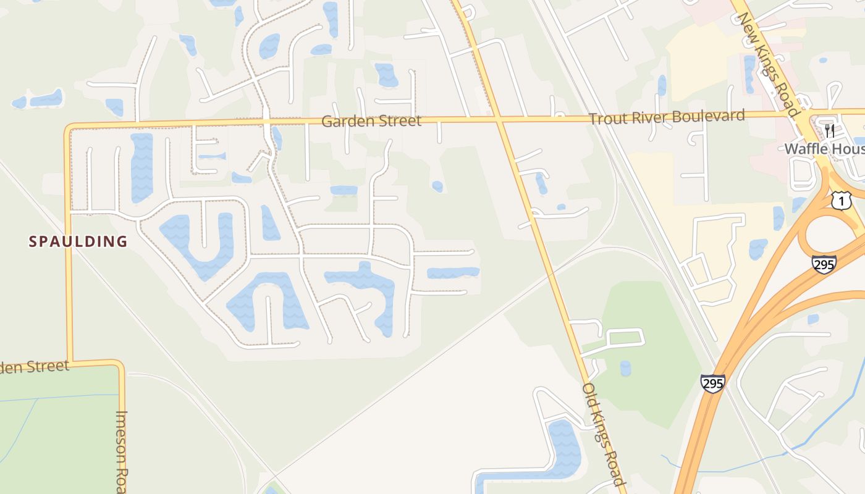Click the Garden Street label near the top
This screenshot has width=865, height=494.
click(371, 121)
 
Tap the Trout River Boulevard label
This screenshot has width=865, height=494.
click(667, 117)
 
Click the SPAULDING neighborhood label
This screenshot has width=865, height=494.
click(78, 241)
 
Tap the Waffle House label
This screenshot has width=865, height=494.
click(824, 149)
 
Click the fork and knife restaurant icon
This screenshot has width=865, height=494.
click(830, 131)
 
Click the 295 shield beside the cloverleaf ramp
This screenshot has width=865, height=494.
click(824, 264)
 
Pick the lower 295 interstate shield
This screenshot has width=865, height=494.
click(712, 383)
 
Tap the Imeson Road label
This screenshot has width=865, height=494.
click(122, 451)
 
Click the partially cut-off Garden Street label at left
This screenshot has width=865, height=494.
click(35, 367)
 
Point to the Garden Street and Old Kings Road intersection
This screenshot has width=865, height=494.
click(499, 119)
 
